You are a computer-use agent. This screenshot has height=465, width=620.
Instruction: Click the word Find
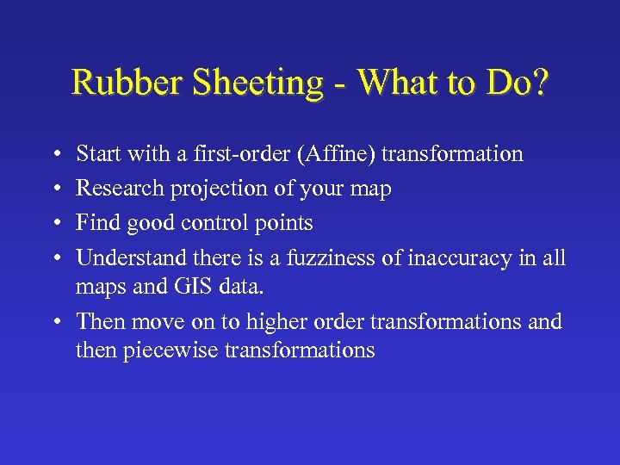click(96, 223)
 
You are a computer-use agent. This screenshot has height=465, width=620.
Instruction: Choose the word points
click(288, 224)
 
